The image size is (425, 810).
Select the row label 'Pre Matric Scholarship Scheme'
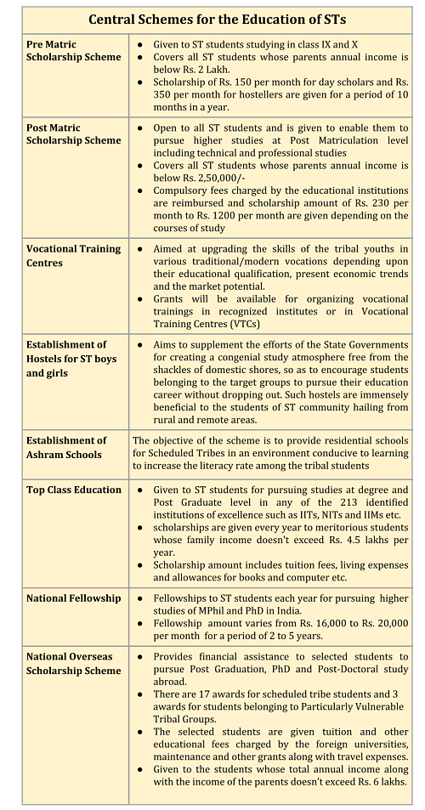[x=72, y=50]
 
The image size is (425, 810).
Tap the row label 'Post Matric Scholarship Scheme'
[x=72, y=133]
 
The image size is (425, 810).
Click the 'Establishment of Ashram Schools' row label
[x=66, y=447]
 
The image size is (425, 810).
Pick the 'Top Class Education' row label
[x=73, y=490]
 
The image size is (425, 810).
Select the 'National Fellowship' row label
[x=73, y=598]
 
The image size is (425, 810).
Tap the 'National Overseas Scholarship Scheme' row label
[x=73, y=664]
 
